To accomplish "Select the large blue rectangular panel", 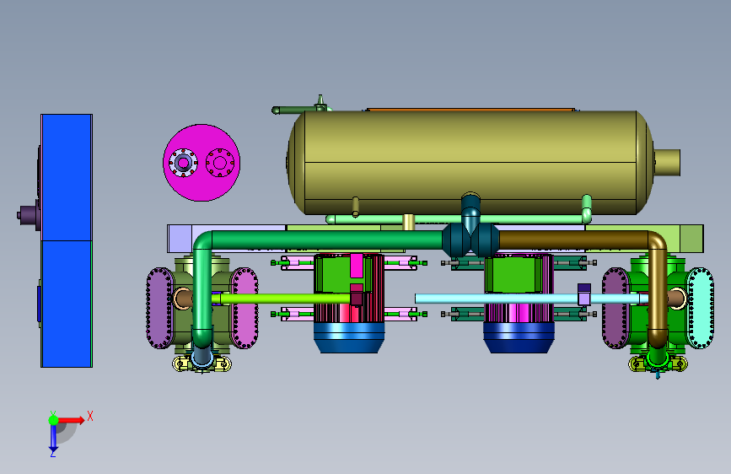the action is pyautogui.click(x=67, y=240).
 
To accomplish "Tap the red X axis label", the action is pyautogui.click(x=90, y=416).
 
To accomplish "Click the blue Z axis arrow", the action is pyautogui.click(x=53, y=439).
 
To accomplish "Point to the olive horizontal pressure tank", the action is pyautogui.click(x=470, y=161).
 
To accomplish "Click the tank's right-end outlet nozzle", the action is pyautogui.click(x=667, y=162).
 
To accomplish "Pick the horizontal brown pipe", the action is pyautogui.click(x=573, y=240).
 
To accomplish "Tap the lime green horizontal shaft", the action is pyautogui.click(x=285, y=299).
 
